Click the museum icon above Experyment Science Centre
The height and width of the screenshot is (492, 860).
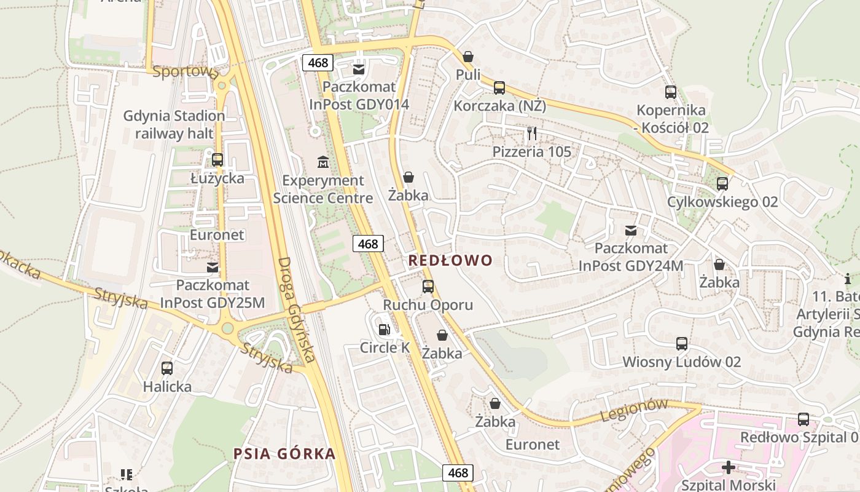coord(322,162)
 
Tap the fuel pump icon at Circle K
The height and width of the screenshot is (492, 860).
coord(385,330)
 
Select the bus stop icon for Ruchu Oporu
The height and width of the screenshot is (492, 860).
coord(428,287)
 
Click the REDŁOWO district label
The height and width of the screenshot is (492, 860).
coord(450,261)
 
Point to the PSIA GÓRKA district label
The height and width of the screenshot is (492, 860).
coord(284,454)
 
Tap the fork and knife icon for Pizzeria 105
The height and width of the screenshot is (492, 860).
coord(532,133)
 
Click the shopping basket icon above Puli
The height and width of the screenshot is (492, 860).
coord(468,57)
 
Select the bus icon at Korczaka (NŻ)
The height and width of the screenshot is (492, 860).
coord(499,88)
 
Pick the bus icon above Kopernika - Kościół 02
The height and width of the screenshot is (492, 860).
coord(671,92)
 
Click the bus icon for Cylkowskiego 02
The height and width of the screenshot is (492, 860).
coord(722,184)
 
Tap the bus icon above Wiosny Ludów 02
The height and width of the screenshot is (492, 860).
coord(682,344)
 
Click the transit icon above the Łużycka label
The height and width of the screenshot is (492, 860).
coord(217,160)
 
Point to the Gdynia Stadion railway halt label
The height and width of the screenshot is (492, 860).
coord(174,124)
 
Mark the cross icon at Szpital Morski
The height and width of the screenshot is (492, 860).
coord(729,467)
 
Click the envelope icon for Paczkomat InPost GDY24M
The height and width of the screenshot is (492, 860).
coord(631,231)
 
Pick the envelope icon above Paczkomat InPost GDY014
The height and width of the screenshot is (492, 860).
coord(359,69)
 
